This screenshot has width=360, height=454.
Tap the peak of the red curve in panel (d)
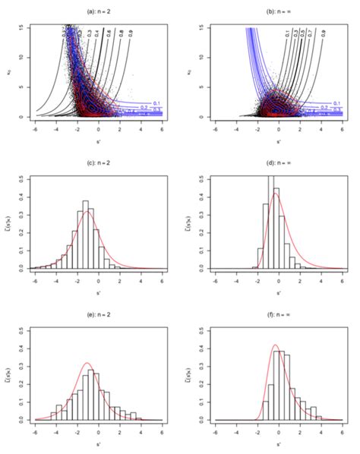pos(275,193)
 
